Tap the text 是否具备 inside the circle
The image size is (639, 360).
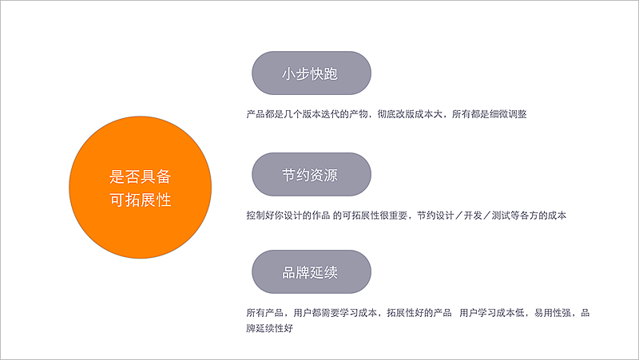click(x=141, y=177)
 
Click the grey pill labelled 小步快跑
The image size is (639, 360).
click(x=311, y=73)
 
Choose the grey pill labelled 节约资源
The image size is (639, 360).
click(x=311, y=174)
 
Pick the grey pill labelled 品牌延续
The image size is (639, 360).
click(x=311, y=273)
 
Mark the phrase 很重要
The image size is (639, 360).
click(x=394, y=216)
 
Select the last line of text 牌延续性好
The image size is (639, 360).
click(x=271, y=328)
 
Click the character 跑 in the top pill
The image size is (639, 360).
click(x=331, y=73)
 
